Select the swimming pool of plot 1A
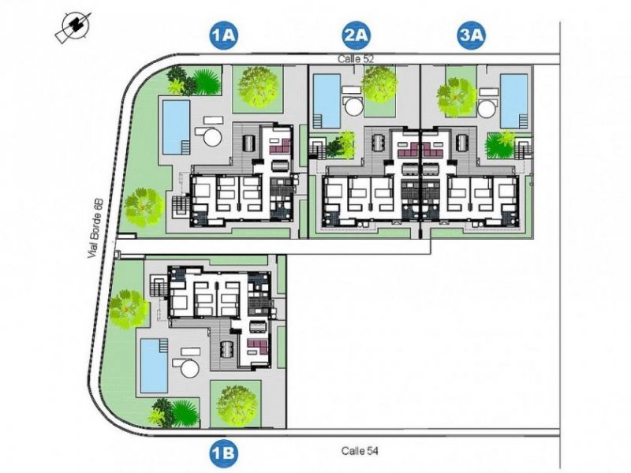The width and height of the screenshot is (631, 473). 176,126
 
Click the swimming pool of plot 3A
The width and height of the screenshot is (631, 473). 515,101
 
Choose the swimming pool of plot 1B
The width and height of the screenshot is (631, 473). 152,365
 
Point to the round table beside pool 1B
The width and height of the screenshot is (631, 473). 189,369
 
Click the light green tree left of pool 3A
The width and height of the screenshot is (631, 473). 455,95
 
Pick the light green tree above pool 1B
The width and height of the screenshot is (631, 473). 129,308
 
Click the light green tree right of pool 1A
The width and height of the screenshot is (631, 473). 256,85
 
